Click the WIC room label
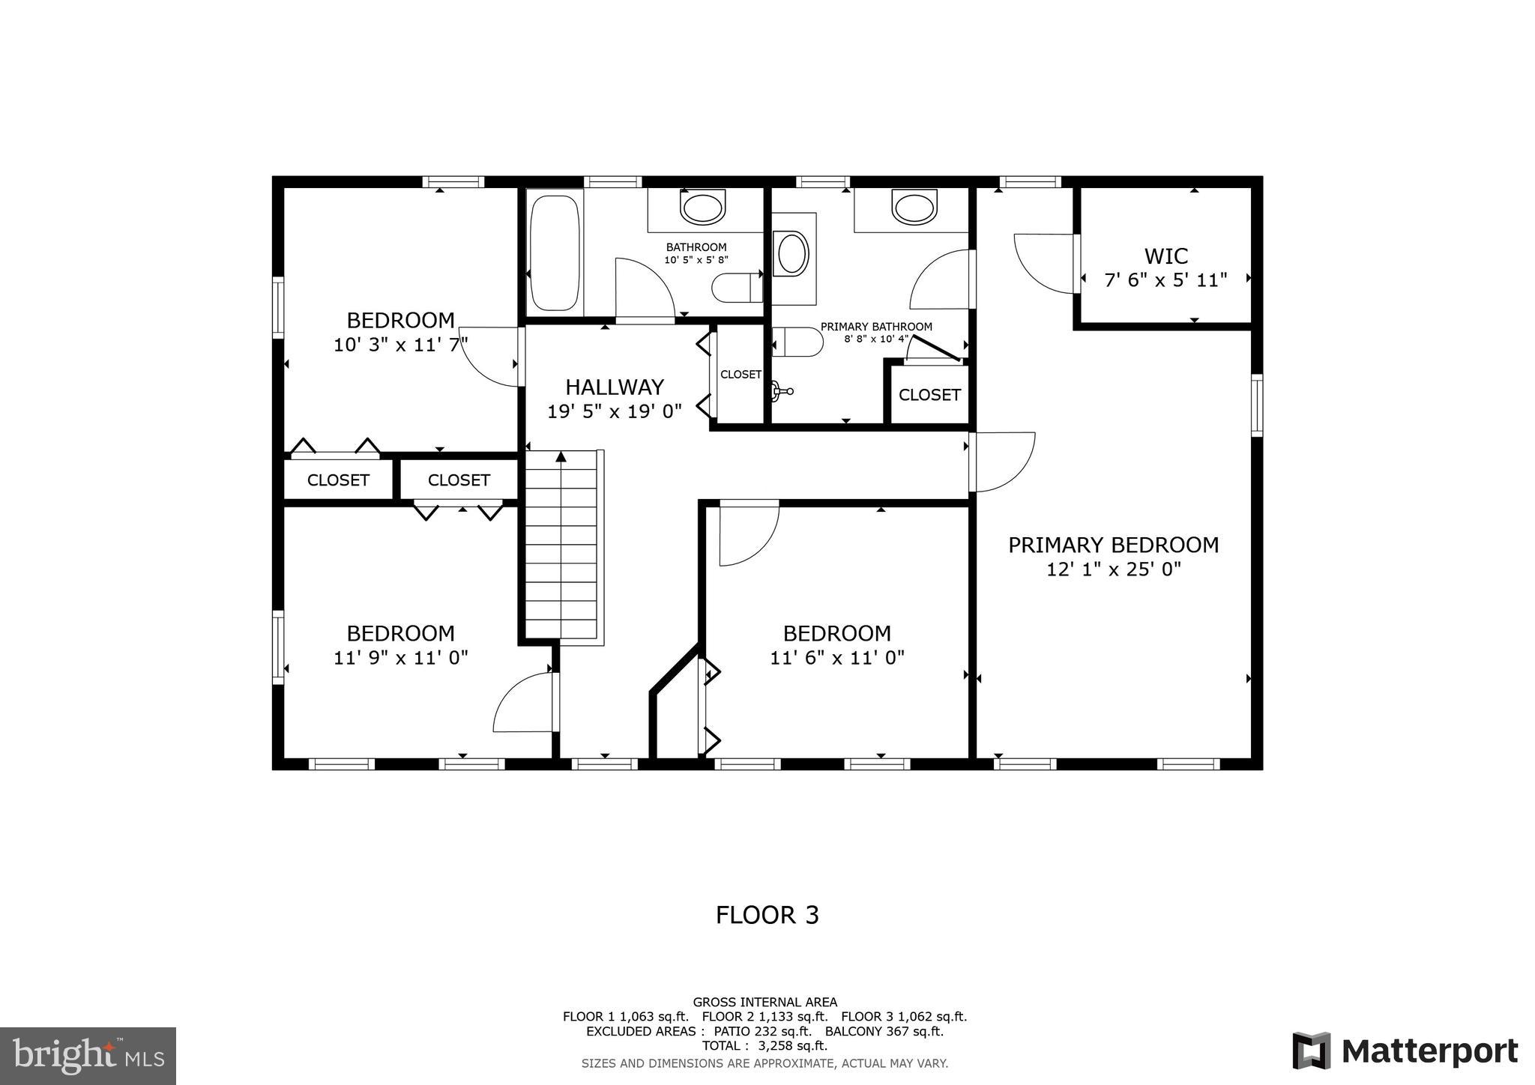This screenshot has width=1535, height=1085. [x=1165, y=256]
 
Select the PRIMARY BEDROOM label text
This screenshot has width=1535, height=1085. [x=1113, y=545]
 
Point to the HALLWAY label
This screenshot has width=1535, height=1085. [x=614, y=387]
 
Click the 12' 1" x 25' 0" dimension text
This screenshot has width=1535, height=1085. [x=1113, y=569]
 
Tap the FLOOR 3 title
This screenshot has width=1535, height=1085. [x=767, y=915]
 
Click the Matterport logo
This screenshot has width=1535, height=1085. [x=1405, y=1051]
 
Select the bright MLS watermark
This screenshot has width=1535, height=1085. [x=88, y=1056]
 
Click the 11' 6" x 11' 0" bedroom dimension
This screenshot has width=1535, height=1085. [x=836, y=658]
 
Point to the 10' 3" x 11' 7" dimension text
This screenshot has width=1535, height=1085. [x=400, y=345]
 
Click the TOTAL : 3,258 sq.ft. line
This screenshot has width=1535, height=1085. [x=765, y=1045]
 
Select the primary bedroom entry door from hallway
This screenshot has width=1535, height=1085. [x=1001, y=463]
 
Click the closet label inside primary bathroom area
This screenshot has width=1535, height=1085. [x=929, y=395]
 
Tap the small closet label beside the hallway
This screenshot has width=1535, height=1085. [x=741, y=375]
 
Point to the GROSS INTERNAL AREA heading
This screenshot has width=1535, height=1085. [x=765, y=1002]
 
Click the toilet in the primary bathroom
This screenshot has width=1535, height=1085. [x=797, y=342]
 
